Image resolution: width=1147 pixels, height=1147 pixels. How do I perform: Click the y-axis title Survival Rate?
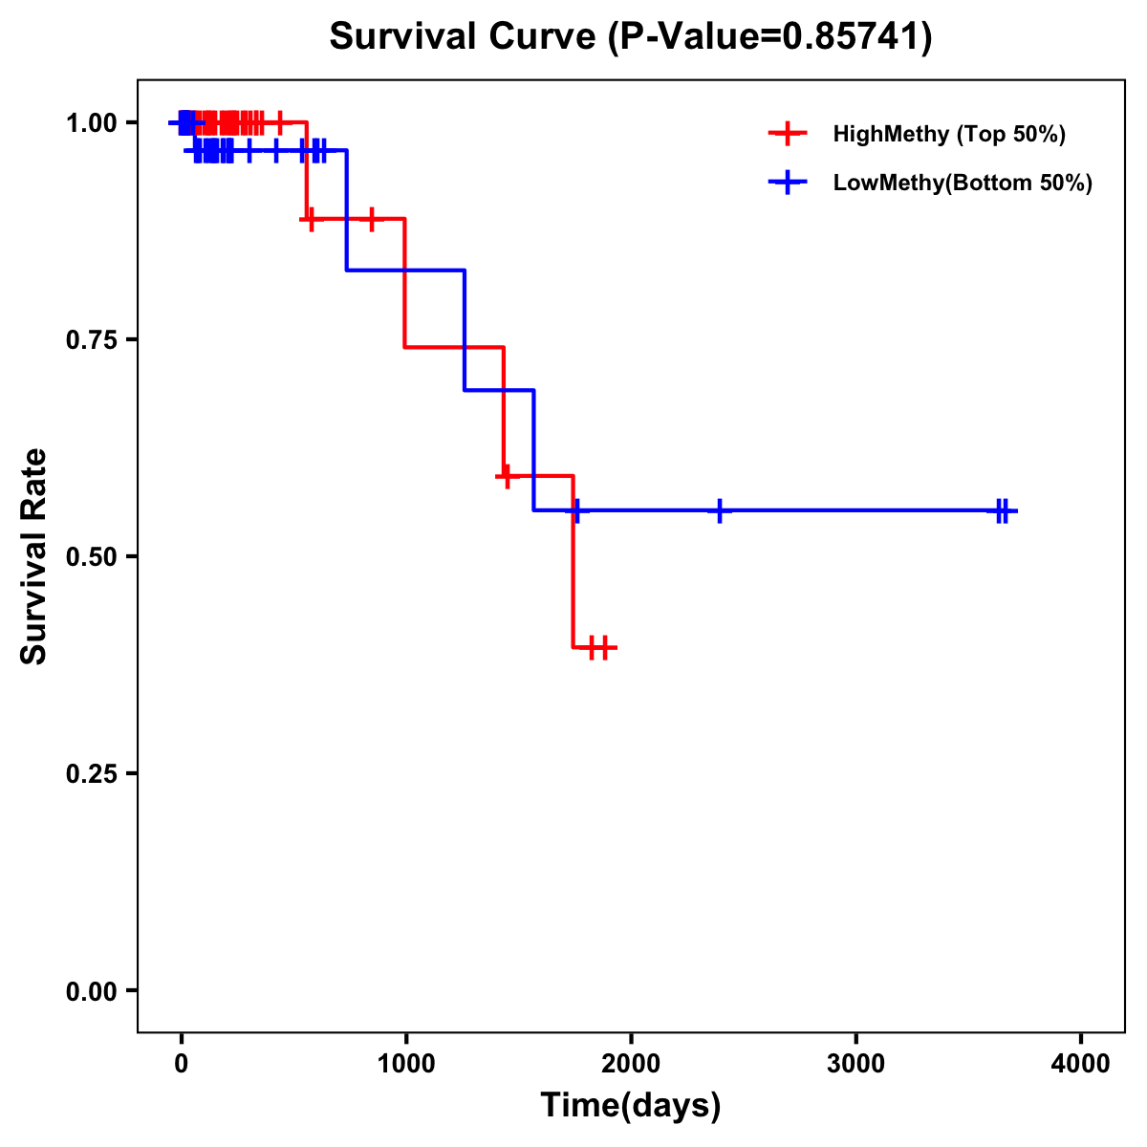coord(34,556)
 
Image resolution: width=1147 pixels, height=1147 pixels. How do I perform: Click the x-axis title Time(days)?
coord(631,1106)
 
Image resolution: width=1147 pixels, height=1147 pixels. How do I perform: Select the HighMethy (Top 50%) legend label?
coord(948,134)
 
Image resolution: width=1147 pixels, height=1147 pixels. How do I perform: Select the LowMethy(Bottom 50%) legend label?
coord(962,183)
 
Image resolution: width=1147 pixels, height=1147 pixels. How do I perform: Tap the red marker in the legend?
coord(788,134)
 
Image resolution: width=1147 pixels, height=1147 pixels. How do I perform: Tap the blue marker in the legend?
coord(788,183)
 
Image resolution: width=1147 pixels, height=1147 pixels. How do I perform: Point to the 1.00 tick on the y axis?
coord(92,123)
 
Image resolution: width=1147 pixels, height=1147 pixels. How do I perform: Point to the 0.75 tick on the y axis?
coord(92,340)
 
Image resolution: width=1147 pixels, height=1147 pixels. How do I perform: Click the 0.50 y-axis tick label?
coord(92,557)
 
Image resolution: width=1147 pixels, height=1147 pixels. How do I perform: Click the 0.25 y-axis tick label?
coord(92,774)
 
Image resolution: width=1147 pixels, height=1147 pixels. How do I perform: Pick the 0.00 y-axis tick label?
coord(92,991)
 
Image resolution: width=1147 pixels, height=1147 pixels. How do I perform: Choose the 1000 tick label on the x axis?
coord(405,1063)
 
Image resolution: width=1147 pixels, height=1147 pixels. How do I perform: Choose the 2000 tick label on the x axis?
coord(631,1063)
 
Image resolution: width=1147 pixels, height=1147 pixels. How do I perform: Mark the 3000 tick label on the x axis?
coord(855,1063)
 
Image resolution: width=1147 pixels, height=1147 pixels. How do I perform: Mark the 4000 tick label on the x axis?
coord(1080,1063)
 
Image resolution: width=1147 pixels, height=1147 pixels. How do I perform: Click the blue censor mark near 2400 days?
coord(720,510)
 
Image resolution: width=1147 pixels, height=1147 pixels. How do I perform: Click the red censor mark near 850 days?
coord(372,219)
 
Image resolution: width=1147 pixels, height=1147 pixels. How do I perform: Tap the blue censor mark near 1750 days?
coord(575,510)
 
